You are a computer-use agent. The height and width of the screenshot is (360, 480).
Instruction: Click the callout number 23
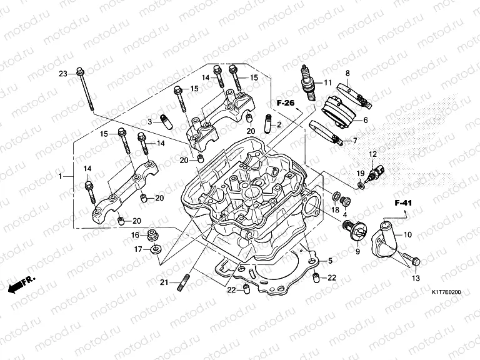(62, 74)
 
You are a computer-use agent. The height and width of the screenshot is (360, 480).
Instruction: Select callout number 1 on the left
(61, 177)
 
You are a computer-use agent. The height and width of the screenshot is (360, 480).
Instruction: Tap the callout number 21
(163, 282)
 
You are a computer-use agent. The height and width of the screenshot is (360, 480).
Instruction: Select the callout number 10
(407, 235)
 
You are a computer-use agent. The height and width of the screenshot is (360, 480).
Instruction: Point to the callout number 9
(358, 251)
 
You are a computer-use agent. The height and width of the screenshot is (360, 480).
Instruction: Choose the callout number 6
(366, 120)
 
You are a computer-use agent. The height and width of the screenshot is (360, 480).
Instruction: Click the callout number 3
(151, 121)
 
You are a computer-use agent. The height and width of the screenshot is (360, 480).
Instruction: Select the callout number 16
(134, 234)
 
